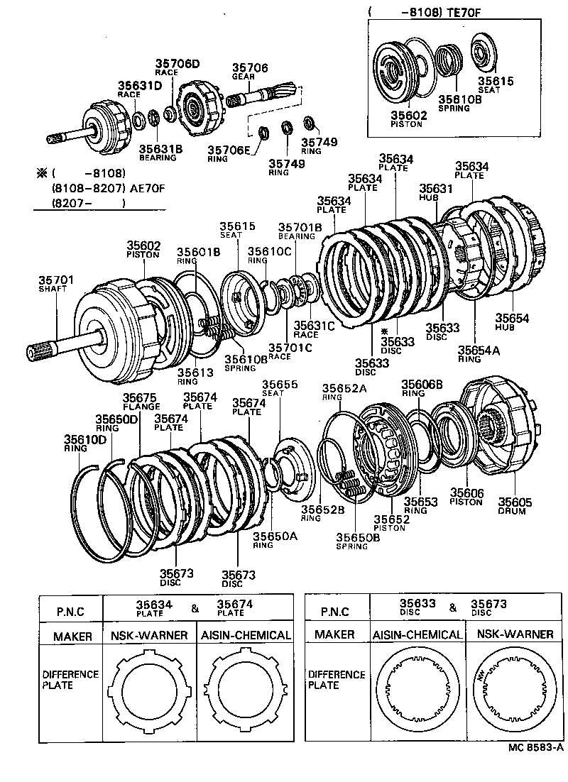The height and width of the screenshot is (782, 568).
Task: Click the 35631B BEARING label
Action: coord(160,152)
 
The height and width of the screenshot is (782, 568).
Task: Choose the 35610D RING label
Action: coord(84,443)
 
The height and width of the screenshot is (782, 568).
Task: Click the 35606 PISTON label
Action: coord(466,497)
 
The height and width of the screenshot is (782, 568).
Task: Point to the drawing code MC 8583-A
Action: coord(535,767)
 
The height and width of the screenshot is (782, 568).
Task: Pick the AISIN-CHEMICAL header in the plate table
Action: coord(244,635)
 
